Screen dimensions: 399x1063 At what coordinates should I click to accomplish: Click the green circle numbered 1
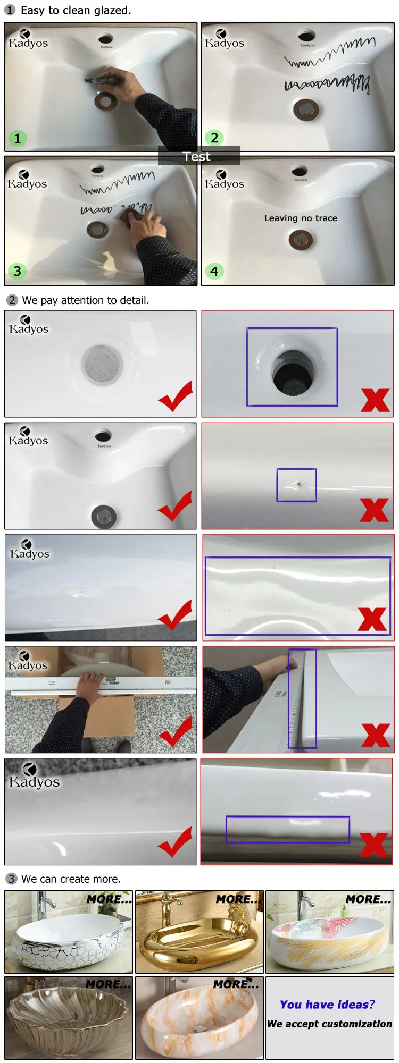(x=18, y=139)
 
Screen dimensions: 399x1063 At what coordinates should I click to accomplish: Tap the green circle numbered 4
(x=214, y=272)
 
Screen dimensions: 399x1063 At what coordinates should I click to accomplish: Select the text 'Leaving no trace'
(x=301, y=218)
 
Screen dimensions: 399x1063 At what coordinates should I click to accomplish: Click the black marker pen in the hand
(x=104, y=80)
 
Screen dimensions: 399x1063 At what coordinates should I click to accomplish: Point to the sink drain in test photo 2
(x=306, y=109)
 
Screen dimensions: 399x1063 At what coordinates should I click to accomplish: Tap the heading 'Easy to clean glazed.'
(x=76, y=10)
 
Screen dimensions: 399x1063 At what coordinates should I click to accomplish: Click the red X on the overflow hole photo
(x=375, y=400)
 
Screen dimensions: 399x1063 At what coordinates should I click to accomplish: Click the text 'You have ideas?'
(x=327, y=1005)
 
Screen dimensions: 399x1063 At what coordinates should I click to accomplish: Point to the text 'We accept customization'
(x=329, y=1024)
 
